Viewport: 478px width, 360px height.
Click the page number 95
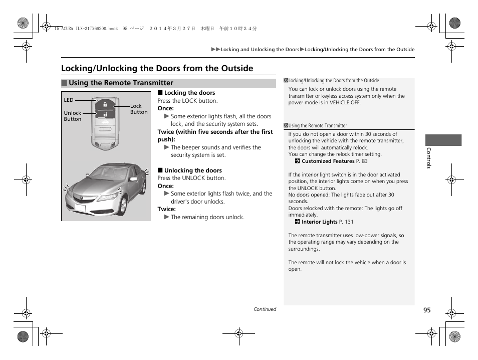[426, 310]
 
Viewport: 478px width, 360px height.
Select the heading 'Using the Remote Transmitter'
[121, 83]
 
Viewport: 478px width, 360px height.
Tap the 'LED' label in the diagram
[69, 100]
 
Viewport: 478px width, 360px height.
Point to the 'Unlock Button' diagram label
[73, 116]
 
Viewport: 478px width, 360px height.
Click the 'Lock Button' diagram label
[139, 109]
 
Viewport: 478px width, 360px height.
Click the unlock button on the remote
[105, 114]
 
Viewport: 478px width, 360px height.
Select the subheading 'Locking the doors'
[189, 93]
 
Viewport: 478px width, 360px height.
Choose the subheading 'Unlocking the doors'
[193, 170]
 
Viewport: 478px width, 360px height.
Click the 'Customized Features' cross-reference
[328, 161]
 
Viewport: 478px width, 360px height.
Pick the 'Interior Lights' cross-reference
[320, 222]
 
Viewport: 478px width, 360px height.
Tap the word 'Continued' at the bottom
[265, 309]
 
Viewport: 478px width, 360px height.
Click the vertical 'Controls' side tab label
[429, 158]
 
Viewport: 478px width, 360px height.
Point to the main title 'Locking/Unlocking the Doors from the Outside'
[157, 69]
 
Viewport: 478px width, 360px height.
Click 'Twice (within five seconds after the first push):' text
[215, 135]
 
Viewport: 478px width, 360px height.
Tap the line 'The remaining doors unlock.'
[207, 217]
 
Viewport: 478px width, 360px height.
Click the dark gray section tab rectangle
[443, 140]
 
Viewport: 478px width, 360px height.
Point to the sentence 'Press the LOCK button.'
[187, 101]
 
